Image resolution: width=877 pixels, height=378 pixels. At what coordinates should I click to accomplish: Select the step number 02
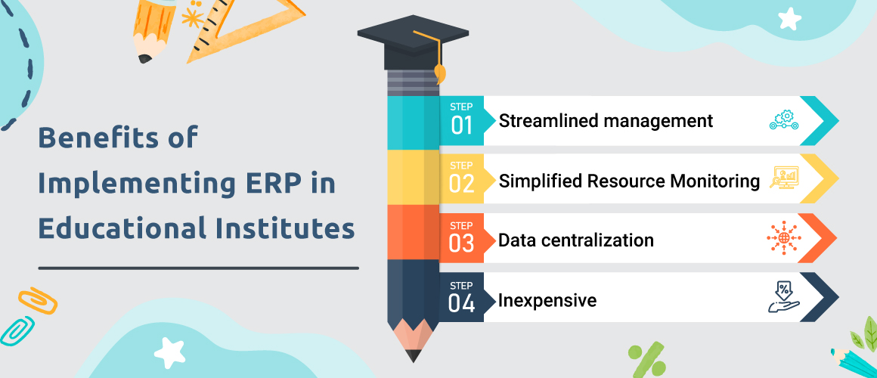click(462, 184)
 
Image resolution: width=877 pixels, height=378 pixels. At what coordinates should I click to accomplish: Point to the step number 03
click(462, 243)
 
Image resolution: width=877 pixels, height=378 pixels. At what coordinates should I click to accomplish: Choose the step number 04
click(462, 303)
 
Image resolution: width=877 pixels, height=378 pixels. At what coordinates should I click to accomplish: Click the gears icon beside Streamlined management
click(784, 121)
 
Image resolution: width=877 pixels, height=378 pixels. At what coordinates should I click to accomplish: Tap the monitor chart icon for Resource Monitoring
click(784, 179)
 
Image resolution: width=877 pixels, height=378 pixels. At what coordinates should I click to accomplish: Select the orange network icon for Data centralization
click(783, 239)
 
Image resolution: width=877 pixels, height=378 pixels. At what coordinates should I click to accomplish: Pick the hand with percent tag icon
click(783, 298)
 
